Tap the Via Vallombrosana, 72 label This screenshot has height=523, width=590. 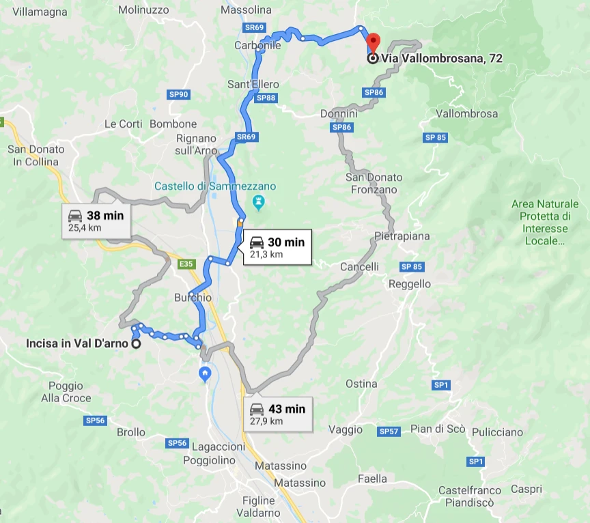coord(442,59)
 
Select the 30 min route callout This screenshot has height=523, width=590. coord(277,247)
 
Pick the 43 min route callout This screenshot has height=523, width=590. coord(277,414)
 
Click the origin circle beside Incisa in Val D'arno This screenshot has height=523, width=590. coord(136,344)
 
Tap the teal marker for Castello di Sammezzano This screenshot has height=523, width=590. coord(258,202)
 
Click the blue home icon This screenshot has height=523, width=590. coord(204,373)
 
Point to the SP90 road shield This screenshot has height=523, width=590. coord(178,94)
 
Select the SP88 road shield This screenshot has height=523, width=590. coord(266,98)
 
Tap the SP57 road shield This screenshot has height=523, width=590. coord(389,432)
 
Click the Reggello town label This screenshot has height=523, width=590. coord(409,284)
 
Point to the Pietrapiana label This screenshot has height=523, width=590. coord(402,236)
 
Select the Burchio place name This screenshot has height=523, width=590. coord(193,298)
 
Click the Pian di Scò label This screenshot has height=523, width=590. coord(438,429)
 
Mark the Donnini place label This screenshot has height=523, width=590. coord(339,113)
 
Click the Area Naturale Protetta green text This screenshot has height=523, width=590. coord(545,223)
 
